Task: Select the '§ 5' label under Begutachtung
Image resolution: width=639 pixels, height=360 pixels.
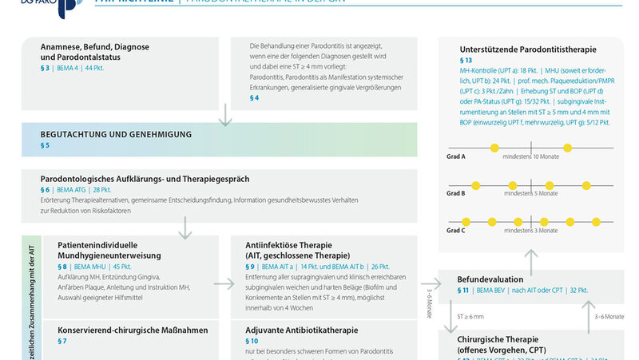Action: click(x=46, y=146)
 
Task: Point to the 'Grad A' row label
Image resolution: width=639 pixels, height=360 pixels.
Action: click(x=456, y=157)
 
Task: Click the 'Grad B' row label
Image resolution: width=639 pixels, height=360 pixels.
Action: click(x=456, y=193)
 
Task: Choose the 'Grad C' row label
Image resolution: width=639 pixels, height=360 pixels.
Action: click(x=456, y=230)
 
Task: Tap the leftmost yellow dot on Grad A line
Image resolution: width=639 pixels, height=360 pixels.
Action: click(x=494, y=148)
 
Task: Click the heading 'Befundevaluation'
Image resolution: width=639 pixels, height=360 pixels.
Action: click(x=490, y=280)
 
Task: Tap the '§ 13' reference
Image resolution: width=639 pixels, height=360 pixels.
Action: click(x=466, y=61)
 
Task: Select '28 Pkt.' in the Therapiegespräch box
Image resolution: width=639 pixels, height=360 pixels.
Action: click(x=101, y=190)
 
